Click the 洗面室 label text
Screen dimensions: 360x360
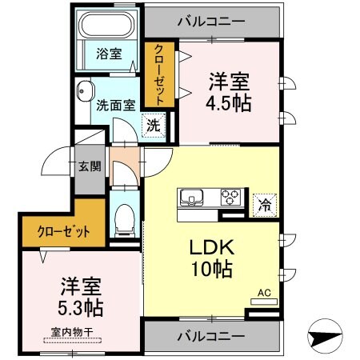(x=116, y=104)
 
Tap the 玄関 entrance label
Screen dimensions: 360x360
(x=89, y=166)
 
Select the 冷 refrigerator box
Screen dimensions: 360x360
(x=262, y=204)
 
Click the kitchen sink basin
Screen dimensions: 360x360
(x=193, y=198)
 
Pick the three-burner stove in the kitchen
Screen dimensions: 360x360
(x=230, y=196)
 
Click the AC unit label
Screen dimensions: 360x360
(x=263, y=294)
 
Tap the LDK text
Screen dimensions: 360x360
(x=210, y=247)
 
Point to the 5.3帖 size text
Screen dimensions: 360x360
(x=80, y=307)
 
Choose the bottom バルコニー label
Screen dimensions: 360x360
(x=211, y=335)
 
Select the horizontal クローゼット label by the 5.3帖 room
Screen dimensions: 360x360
(x=63, y=232)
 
